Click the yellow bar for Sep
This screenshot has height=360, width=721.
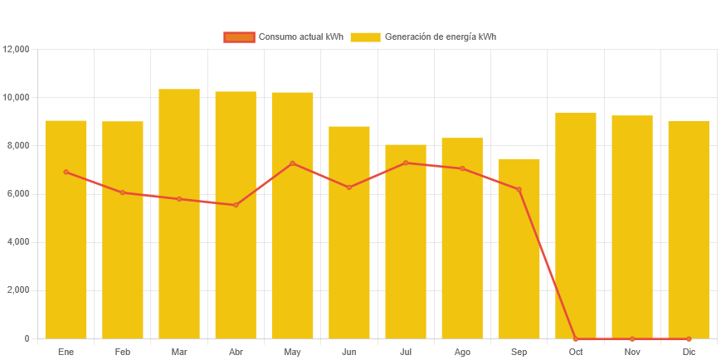pos(519,248)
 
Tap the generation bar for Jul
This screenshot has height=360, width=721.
pos(406,241)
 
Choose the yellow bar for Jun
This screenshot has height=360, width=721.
pos(349,232)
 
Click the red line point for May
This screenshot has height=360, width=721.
pos(293,163)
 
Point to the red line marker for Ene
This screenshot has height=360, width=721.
pos(66,172)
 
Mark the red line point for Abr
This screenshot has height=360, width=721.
pos(236,205)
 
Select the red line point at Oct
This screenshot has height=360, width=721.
pos(576,338)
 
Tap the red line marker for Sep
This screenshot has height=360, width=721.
pos(519,189)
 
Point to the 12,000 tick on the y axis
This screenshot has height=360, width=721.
pos(17,49)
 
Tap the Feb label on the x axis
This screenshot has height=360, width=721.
pos(123,352)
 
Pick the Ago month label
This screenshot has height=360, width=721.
pos(462,352)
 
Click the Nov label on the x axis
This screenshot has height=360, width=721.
pos(632,352)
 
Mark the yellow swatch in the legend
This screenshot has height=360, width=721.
pos(365,36)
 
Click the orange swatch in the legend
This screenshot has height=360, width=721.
pos(239,36)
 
